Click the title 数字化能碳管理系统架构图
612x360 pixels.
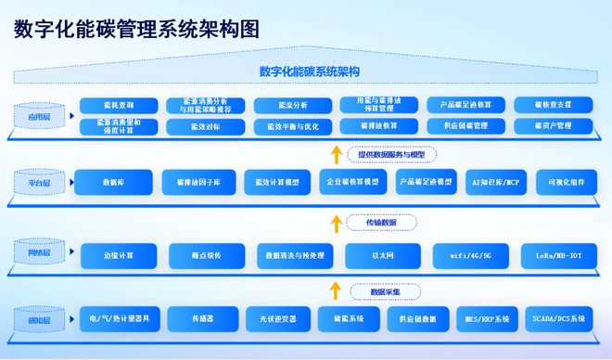click(x=136, y=29)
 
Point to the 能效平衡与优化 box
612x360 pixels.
click(x=287, y=125)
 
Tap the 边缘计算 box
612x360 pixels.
click(x=119, y=255)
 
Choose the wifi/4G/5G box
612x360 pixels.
click(x=469, y=255)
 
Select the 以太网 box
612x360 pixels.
click(x=382, y=255)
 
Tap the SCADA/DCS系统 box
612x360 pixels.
click(x=557, y=318)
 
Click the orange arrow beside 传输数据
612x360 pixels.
click(x=336, y=223)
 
